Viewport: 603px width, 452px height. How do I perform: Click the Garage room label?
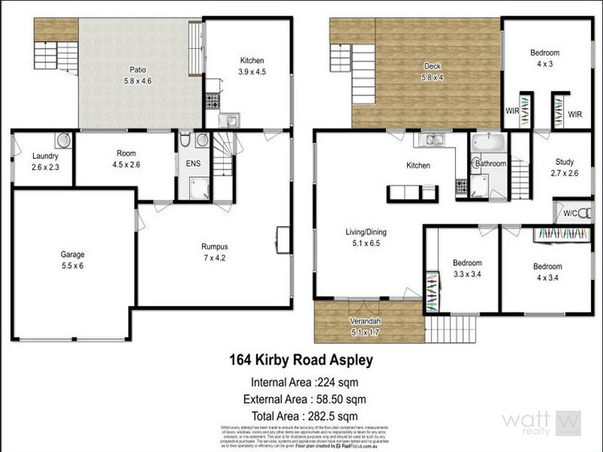click(73, 255)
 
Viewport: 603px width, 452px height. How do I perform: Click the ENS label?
click(192, 163)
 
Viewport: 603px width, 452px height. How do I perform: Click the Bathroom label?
click(490, 163)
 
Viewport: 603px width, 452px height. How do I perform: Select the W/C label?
click(571, 214)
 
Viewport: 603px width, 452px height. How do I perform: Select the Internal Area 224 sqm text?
click(301, 381)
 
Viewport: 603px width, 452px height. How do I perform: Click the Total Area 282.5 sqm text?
click(301, 415)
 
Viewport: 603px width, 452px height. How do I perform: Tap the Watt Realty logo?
click(541, 423)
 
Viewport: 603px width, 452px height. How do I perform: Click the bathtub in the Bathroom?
click(489, 142)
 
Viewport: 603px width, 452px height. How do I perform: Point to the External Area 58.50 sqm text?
click(301, 399)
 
